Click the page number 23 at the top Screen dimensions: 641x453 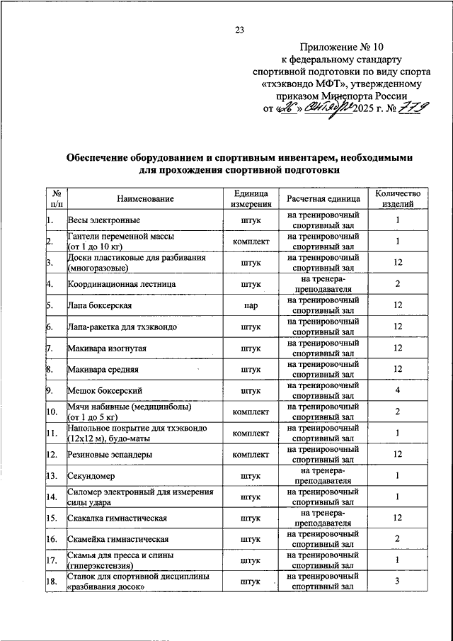(x=239, y=30)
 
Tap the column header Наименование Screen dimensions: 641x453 (x=140, y=198)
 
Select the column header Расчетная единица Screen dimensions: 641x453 (x=323, y=198)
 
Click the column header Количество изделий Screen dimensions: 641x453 (x=398, y=198)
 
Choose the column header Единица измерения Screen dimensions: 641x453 (x=251, y=198)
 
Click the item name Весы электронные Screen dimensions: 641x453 (x=103, y=220)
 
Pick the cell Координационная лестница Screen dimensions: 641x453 (x=122, y=284)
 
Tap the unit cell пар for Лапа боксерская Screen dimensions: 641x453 (x=251, y=305)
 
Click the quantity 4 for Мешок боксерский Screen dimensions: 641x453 (x=398, y=390)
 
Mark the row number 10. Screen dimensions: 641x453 (x=51, y=412)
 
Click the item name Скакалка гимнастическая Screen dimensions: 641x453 (x=117, y=518)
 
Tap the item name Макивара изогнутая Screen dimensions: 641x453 (x=108, y=348)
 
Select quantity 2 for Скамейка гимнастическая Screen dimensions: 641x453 (x=398, y=539)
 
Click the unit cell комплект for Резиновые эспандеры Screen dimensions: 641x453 (x=251, y=454)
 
